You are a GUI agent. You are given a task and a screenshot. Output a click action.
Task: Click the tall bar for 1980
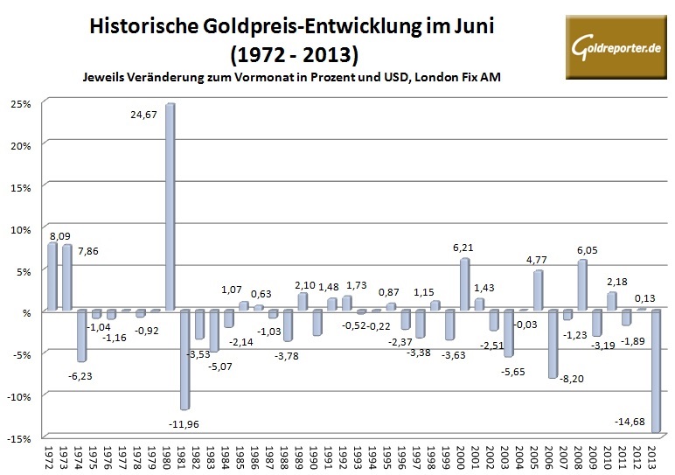[169, 206]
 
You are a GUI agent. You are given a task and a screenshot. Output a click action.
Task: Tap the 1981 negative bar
[184, 359]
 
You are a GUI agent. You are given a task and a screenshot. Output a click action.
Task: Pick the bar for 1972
[52, 276]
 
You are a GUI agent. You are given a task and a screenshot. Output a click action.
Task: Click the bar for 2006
[553, 343]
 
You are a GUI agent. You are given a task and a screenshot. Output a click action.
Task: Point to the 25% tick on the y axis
[21, 103]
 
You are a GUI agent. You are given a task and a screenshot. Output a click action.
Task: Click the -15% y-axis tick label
[21, 438]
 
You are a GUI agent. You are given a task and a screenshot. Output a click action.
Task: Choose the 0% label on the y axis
[24, 312]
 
